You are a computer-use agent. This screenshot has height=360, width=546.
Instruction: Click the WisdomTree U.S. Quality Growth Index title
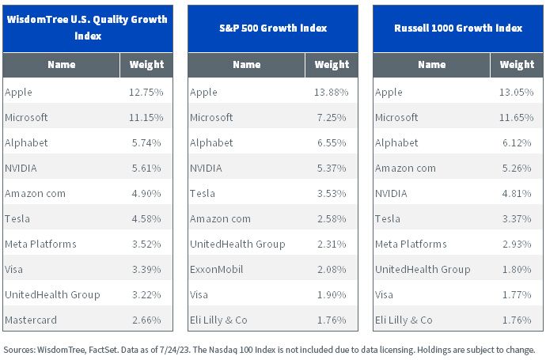[x=87, y=28]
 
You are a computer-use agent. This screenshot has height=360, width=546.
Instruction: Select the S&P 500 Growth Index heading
[x=273, y=28]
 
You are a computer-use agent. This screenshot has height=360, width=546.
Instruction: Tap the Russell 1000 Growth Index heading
[x=458, y=28]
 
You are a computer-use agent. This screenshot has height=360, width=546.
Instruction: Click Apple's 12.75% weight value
[x=146, y=92]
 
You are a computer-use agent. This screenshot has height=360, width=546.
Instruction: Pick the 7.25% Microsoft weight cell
[x=332, y=117]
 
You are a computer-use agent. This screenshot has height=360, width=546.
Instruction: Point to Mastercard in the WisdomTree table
[x=31, y=320]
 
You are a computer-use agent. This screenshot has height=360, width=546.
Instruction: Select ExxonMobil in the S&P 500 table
[x=216, y=269]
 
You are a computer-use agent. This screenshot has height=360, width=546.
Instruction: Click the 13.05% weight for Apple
[x=517, y=92]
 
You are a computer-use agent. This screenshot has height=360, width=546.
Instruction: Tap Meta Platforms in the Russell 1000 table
[x=411, y=244]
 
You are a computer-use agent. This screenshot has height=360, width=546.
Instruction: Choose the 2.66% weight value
[x=146, y=320]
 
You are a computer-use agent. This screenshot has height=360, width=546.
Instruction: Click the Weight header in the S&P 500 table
[x=332, y=64]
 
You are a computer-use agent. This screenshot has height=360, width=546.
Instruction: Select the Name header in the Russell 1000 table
[x=432, y=64]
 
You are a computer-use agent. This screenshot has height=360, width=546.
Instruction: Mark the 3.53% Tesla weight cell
[x=332, y=193]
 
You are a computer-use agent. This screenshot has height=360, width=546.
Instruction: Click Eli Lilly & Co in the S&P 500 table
[x=218, y=320]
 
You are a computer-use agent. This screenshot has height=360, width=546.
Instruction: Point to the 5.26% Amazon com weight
[x=517, y=168]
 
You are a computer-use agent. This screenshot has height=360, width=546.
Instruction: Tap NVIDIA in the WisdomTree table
[x=21, y=168]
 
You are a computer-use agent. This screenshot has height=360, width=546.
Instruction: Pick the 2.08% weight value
[x=332, y=269]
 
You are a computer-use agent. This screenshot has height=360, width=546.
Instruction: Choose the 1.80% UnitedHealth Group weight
[x=517, y=269]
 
